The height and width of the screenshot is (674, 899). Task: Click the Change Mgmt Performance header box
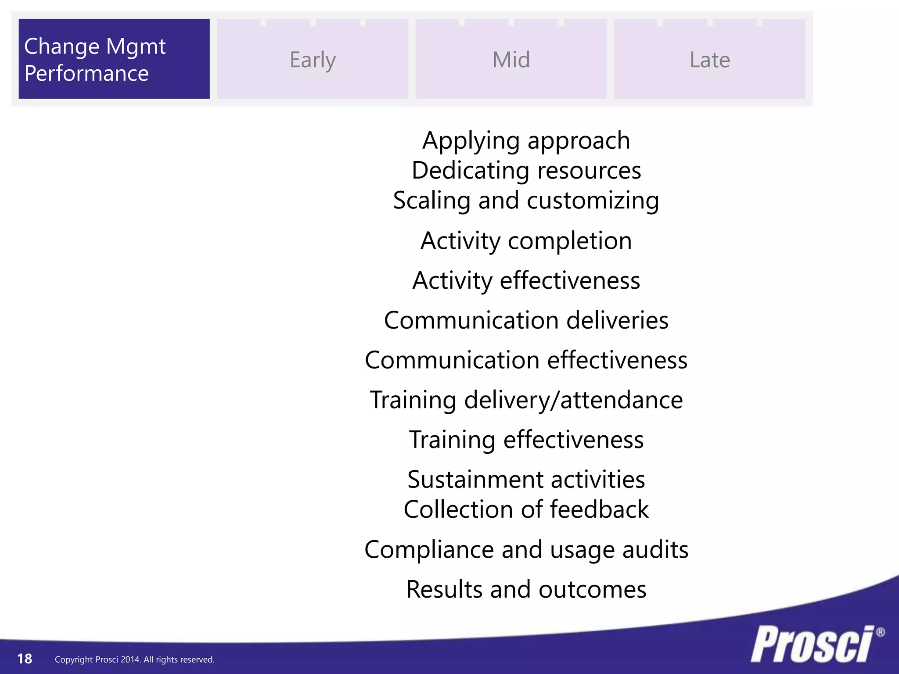coord(114,59)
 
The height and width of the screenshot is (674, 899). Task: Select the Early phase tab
coord(313,59)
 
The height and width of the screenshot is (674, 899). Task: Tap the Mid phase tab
coord(511,59)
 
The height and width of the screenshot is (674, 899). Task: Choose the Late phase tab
coord(709,59)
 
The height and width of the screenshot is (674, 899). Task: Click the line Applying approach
coord(526,141)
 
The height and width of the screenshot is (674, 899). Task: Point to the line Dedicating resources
coord(526,171)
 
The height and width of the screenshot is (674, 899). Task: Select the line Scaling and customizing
coord(526,201)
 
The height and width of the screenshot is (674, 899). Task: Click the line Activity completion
coord(526,241)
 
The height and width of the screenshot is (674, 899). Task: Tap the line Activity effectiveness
coord(526,281)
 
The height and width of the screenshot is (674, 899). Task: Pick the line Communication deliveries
coord(526,320)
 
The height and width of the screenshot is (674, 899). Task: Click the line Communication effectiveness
coord(526,360)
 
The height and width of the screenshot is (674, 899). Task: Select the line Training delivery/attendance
coord(526,400)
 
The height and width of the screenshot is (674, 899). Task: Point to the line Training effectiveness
coord(526,440)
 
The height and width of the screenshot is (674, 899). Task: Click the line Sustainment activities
coord(526,480)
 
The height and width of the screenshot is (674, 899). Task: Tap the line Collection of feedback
coord(526,509)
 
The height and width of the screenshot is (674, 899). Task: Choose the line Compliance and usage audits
coord(526,550)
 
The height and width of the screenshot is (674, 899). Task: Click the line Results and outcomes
coord(526,589)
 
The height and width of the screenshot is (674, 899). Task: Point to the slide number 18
coord(25,659)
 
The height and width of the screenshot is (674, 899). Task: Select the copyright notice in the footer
coord(134,660)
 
